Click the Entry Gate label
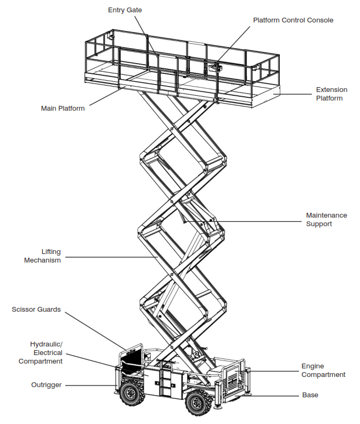(x=125, y=10)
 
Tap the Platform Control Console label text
(x=293, y=20)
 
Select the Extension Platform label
(x=331, y=94)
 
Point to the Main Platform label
(x=63, y=109)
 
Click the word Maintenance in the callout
(x=326, y=215)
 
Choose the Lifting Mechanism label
(x=42, y=256)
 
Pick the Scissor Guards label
(x=36, y=310)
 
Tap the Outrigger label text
(x=46, y=385)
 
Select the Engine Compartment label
(x=323, y=371)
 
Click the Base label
(x=310, y=395)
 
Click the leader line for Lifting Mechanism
(x=107, y=257)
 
